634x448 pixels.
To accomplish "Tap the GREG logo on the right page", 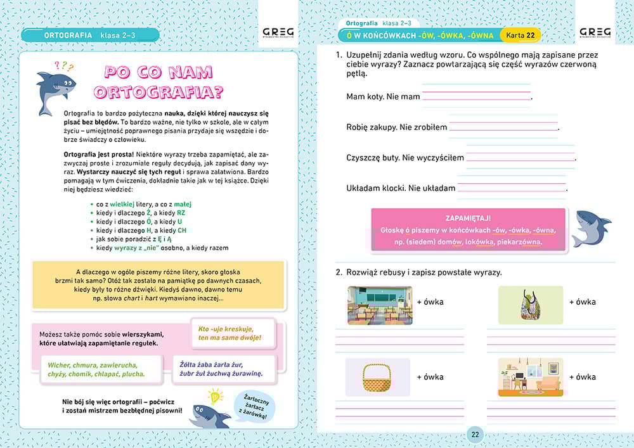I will coord(595,33).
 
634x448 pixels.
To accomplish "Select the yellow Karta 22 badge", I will coord(521,34).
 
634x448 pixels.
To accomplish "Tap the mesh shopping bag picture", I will coord(529,304).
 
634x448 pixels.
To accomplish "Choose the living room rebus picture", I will coord(530,378).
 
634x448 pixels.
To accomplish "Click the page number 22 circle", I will coord(475,435).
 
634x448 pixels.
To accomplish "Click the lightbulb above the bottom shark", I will coord(216,397).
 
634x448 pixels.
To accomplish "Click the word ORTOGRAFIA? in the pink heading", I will coord(158,92).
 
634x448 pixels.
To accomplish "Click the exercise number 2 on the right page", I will coord(339,272).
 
